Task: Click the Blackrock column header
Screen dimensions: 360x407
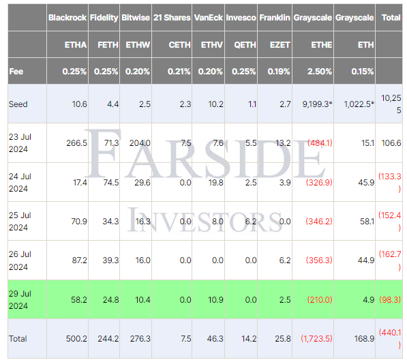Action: (x=67, y=17)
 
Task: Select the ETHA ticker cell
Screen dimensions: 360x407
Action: (x=76, y=45)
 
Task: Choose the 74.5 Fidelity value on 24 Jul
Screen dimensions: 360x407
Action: (x=108, y=183)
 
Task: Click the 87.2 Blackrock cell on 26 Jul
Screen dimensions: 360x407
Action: (x=77, y=260)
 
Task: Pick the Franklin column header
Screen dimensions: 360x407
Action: (x=275, y=17)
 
